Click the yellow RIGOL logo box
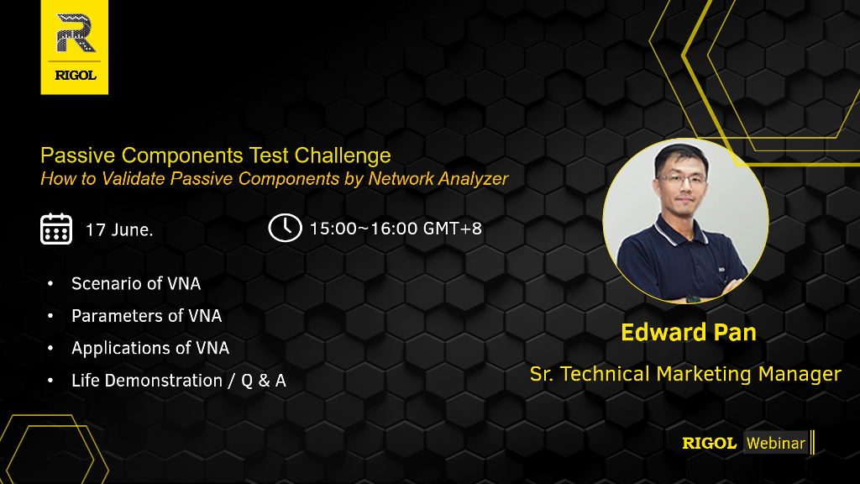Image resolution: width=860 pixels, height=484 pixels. [75, 47]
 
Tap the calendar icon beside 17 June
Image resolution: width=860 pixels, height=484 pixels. [56, 229]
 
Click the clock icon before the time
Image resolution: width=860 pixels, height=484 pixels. [286, 228]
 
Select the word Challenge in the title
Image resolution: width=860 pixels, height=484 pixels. [343, 155]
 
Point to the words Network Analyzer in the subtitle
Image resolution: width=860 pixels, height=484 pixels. [438, 179]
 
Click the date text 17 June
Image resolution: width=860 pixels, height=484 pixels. [119, 229]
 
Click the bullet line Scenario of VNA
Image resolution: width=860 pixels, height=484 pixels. [136, 284]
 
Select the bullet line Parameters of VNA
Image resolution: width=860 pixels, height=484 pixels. [146, 316]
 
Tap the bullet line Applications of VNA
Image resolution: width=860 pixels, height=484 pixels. [150, 349]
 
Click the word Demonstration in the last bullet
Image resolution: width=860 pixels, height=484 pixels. [164, 381]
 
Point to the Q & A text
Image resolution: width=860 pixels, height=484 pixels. [264, 381]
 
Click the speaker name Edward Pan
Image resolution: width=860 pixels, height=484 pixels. [689, 333]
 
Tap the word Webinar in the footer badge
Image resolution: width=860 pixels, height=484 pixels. [776, 444]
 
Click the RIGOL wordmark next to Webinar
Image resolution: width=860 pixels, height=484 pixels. [709, 444]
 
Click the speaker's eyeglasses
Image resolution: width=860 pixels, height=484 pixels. [682, 179]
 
